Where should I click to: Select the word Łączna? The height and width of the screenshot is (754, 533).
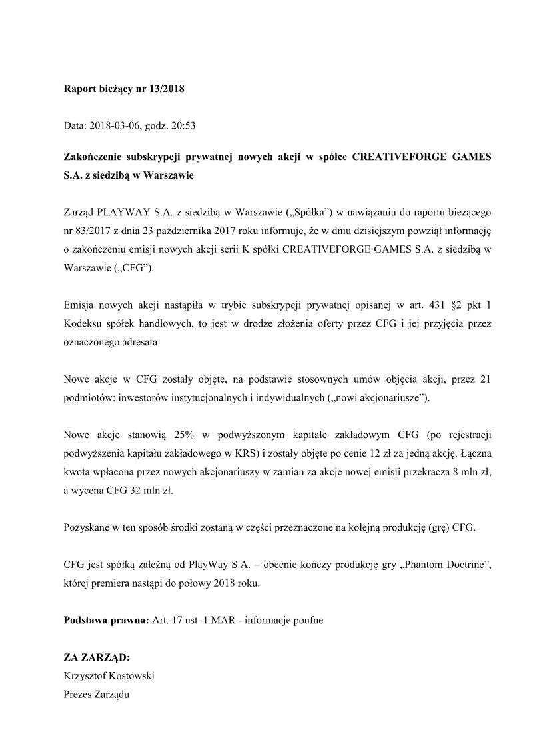coord(474,453)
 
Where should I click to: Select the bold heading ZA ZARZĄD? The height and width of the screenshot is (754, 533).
coord(96,657)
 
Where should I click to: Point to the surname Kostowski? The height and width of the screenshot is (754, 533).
coord(130,675)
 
